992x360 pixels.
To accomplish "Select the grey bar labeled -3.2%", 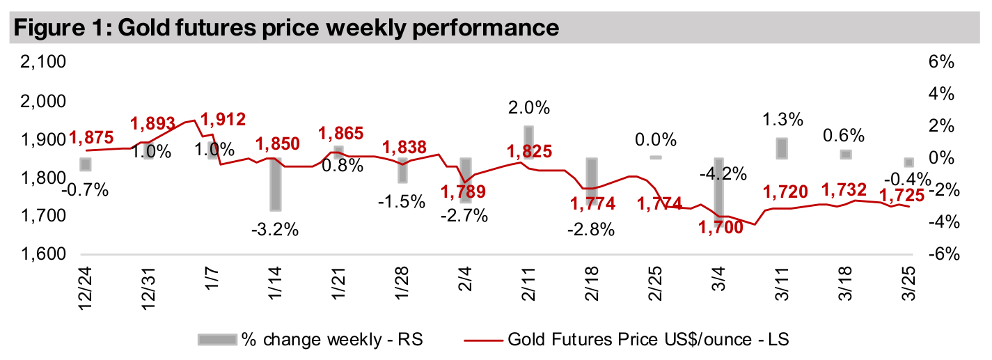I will point(276,184).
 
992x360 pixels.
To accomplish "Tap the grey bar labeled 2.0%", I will point(528,142).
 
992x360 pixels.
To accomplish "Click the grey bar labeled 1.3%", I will point(782,148).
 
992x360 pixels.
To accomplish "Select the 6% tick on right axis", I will point(940,63).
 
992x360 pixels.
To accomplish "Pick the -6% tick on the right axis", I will point(938,255).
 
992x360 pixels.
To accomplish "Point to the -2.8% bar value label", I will point(592,230).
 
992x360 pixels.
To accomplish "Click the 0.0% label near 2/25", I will point(655,138).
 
